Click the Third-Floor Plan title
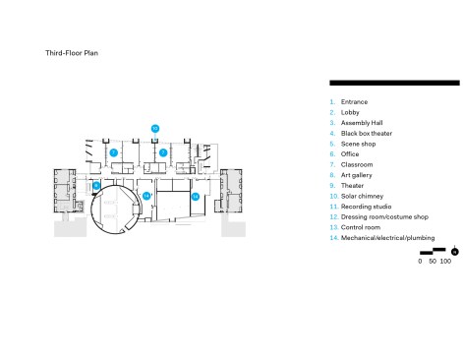72,53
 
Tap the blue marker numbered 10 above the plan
155,129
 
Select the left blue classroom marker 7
113,152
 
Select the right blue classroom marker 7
163,152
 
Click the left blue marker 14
146,196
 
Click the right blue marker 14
196,197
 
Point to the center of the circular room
115,210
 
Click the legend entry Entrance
354,102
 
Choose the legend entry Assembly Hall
362,123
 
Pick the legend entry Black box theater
367,134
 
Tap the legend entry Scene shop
358,144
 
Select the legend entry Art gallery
357,175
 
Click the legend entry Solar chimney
362,196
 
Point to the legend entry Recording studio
366,207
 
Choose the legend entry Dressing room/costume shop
384,217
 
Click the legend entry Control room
361,227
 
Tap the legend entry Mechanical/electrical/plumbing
387,238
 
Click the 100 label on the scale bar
445,262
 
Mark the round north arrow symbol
454,252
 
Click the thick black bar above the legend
394,83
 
